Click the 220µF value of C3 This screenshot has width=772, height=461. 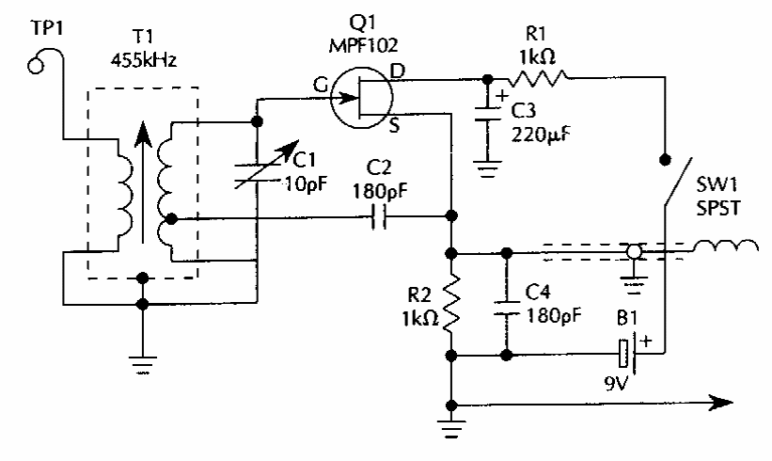[539, 133]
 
